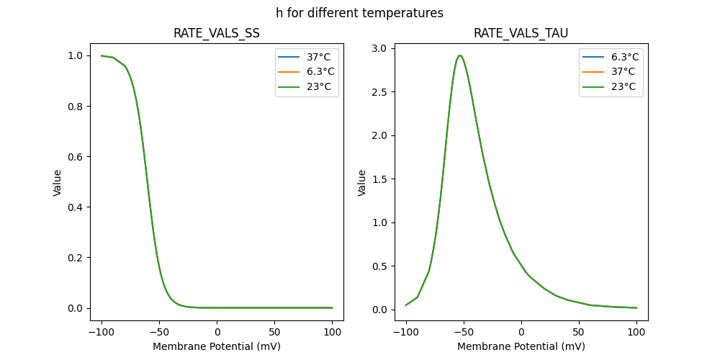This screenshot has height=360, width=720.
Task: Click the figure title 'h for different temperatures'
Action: tap(359, 13)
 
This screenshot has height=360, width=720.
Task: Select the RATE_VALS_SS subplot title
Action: tap(217, 34)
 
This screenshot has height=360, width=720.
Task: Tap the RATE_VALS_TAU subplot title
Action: tap(521, 34)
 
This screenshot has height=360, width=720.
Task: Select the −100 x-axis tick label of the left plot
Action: tap(101, 332)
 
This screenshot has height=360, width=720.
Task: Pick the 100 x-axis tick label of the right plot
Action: tap(636, 332)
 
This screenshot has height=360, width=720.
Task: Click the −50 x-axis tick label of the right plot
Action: tap(463, 332)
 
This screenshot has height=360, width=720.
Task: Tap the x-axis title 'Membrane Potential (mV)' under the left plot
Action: tap(217, 346)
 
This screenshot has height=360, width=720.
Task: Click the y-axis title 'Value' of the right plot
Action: tap(362, 183)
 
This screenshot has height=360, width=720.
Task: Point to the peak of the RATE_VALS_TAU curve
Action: tap(459, 55)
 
